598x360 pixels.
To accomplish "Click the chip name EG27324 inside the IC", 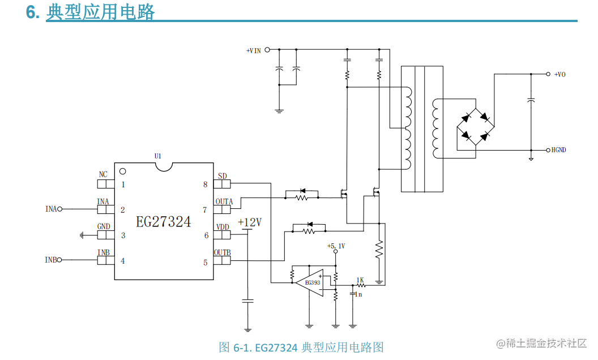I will tap(163, 222).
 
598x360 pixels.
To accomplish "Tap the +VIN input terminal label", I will tap(254, 50).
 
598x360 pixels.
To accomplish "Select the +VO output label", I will tap(559, 74).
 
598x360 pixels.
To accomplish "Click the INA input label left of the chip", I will tap(51, 209).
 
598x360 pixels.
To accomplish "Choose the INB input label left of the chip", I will tap(51, 260).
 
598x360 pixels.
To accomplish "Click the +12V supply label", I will tap(250, 222).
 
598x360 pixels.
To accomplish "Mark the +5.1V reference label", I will tap(336, 246).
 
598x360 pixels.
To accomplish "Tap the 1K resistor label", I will tap(360, 280).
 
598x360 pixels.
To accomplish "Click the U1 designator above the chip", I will tap(158, 156).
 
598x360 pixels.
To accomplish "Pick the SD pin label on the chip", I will tap(222, 176).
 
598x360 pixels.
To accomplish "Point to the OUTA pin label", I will tap(224, 202).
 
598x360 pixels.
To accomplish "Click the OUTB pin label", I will tap(222, 252).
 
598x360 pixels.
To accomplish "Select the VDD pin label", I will tap(222, 227).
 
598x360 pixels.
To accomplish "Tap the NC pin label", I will tap(103, 175).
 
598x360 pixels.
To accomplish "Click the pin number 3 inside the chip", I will tap(123, 235).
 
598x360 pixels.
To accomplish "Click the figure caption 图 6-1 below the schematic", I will tap(301, 347).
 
